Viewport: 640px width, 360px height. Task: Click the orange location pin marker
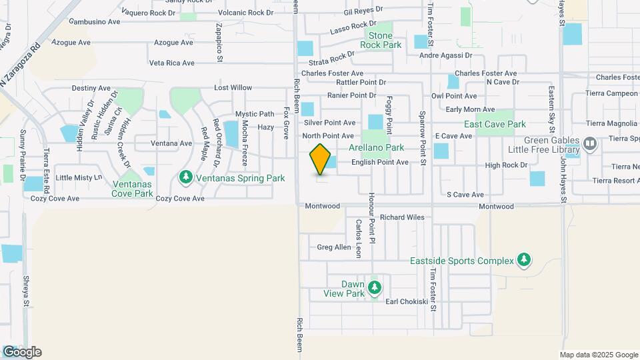coord(321,159)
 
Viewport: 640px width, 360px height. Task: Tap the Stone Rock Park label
coord(381,40)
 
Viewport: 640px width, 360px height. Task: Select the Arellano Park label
coord(376,147)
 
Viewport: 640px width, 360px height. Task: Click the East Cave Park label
coord(495,124)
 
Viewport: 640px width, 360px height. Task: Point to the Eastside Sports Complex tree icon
coord(524,260)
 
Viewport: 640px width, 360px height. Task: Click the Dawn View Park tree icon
coord(375,287)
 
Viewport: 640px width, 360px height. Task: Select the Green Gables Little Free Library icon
coord(589,143)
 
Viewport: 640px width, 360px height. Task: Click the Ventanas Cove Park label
coord(133,189)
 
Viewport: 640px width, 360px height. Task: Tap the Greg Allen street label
coord(333,247)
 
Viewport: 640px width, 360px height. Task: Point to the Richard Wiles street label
coord(402,217)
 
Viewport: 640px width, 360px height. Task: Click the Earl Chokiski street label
coord(407,301)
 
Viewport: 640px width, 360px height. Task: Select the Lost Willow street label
coord(233,88)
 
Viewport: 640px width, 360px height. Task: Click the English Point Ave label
coord(379,162)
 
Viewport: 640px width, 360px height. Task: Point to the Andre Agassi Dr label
coord(445,55)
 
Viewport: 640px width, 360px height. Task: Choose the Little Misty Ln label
coord(79,177)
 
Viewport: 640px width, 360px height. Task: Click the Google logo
coord(22,352)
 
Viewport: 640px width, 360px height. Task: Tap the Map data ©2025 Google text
coord(598,355)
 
